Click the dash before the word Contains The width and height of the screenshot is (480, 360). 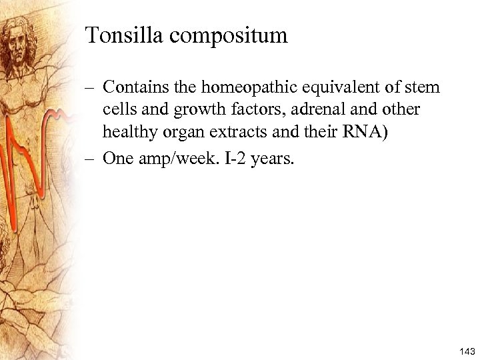pos(91,87)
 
